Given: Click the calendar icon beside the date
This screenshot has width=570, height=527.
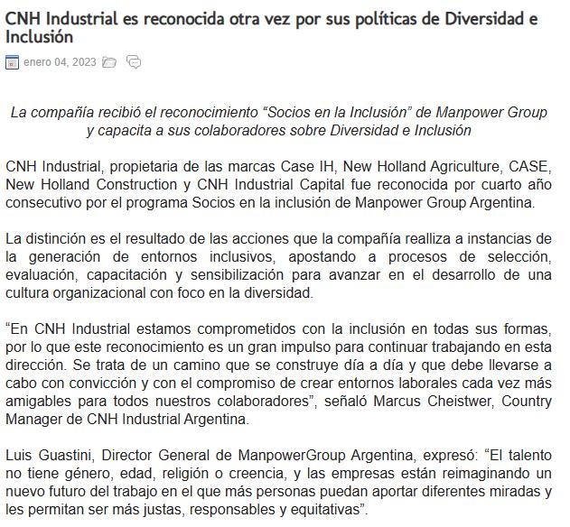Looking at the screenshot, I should pyautogui.click(x=12, y=62).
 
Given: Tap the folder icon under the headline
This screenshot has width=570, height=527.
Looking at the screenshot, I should pyautogui.click(x=109, y=62).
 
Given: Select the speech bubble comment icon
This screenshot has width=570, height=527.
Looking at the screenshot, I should pyautogui.click(x=134, y=62).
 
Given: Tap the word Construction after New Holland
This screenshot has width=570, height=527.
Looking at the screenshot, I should pyautogui.click(x=133, y=184).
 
